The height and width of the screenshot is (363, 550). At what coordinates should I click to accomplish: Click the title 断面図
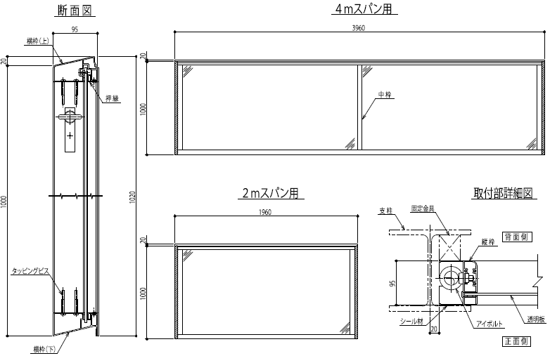coord(75,11)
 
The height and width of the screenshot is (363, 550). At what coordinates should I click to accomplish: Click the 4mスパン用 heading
coord(364,8)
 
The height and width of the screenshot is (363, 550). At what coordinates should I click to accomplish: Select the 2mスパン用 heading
coord(271,193)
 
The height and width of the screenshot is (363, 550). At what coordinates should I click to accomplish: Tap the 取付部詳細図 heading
coord(504,193)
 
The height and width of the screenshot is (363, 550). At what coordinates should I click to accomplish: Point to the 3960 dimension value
coord(359,28)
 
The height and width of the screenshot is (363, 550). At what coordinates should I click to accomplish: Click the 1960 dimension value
coord(265,212)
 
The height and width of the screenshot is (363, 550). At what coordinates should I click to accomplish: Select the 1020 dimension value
coord(132,197)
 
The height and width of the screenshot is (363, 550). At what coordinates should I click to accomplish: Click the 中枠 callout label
coord(385,94)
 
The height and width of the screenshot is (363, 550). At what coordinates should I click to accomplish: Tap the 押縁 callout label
coord(113,98)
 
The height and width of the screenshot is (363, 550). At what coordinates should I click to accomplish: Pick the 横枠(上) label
coord(38,41)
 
